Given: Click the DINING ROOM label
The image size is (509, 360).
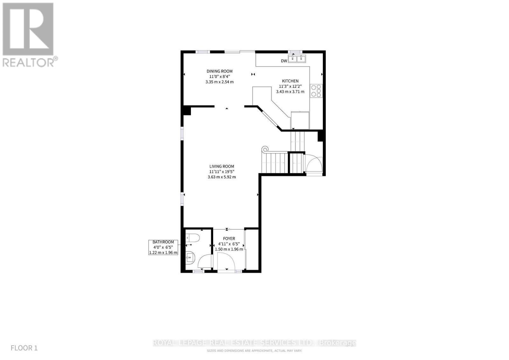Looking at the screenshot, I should coord(220,71).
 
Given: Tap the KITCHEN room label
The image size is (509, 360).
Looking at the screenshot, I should coord(290,81).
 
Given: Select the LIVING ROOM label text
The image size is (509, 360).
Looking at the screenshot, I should coord(222,166).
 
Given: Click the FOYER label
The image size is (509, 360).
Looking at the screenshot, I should coord(229,239).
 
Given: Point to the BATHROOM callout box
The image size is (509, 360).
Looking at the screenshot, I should coord(163,247).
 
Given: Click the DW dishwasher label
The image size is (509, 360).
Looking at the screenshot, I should coord(284,61).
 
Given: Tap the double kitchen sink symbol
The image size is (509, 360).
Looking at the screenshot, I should coord(297,59).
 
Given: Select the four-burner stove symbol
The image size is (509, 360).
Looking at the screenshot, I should coord(317,90).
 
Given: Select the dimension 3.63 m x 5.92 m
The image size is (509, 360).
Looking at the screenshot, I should coord(222,177).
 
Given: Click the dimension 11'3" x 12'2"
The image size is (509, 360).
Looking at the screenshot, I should coord(290,87).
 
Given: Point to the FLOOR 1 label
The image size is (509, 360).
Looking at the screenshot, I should coord(24,348).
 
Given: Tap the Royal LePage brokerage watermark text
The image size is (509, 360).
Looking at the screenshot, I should coord(254,343).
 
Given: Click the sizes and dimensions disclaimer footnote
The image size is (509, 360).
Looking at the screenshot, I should coord(254,351).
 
